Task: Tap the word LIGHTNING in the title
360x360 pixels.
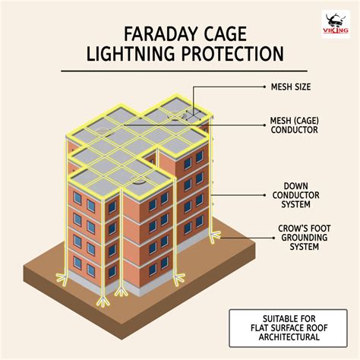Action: pos(131,53)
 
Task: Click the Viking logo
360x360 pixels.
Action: pos(336,24)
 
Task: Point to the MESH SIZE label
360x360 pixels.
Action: pos(291,87)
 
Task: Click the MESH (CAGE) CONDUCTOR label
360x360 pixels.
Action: pos(295,125)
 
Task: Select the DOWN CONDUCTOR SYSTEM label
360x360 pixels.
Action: pos(295,195)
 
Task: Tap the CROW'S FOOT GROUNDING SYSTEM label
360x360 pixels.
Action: pos(305,238)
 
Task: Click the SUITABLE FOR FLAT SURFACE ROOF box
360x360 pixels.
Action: pos(288,328)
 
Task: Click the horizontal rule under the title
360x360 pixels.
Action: pos(184,71)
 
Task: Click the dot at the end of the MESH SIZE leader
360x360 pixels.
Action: pos(264,87)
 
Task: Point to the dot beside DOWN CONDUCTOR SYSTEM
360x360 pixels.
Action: pos(264,195)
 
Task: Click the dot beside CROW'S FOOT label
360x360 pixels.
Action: pos(273,238)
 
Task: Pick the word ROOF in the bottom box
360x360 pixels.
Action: pos(316,328)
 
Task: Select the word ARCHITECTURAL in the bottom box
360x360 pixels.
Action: pos(289,337)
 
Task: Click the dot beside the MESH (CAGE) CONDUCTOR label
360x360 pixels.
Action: pos(264,125)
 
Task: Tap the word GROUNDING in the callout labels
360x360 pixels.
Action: pos(305,238)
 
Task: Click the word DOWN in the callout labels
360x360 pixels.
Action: pos(295,186)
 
